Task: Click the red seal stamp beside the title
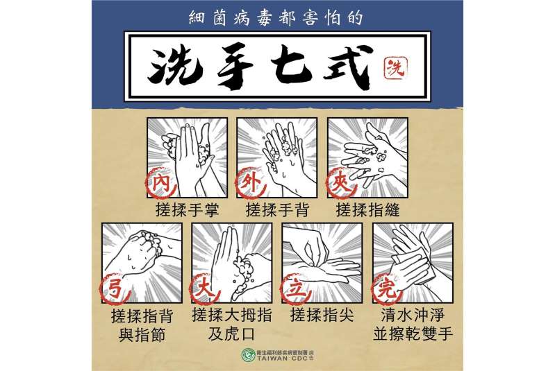click(395, 67)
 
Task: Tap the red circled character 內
click(160, 183)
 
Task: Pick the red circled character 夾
click(341, 183)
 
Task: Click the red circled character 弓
click(116, 288)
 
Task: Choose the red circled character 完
click(386, 288)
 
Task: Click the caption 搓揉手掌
click(188, 210)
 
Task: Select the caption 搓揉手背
click(278, 210)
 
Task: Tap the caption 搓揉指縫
click(367, 210)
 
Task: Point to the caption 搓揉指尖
click(322, 315)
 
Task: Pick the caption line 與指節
click(142, 334)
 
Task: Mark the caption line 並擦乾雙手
click(413, 334)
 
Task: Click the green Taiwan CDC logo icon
click(249, 355)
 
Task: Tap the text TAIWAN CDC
click(282, 359)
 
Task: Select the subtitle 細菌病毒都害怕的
click(276, 17)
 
